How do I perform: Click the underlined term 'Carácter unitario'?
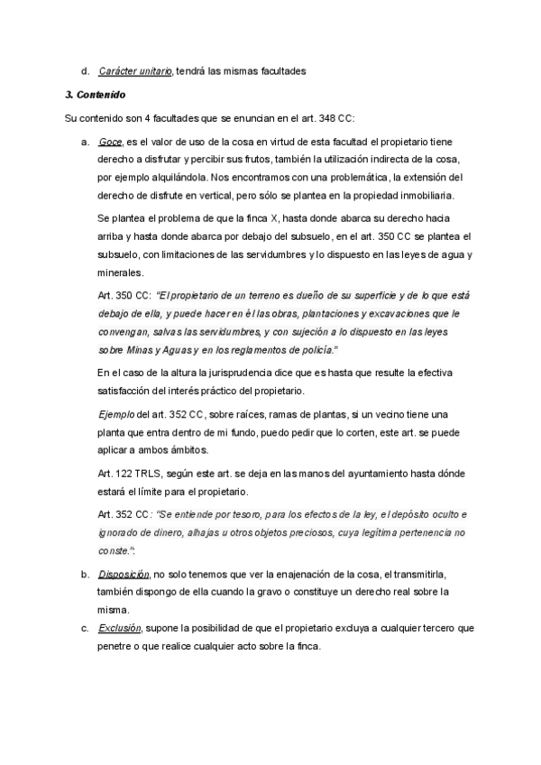(135, 70)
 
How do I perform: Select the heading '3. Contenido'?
(96, 94)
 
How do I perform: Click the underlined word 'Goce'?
(110, 142)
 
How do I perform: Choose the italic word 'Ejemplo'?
(114, 414)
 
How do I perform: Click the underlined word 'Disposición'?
(124, 575)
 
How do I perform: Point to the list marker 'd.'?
(84, 70)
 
